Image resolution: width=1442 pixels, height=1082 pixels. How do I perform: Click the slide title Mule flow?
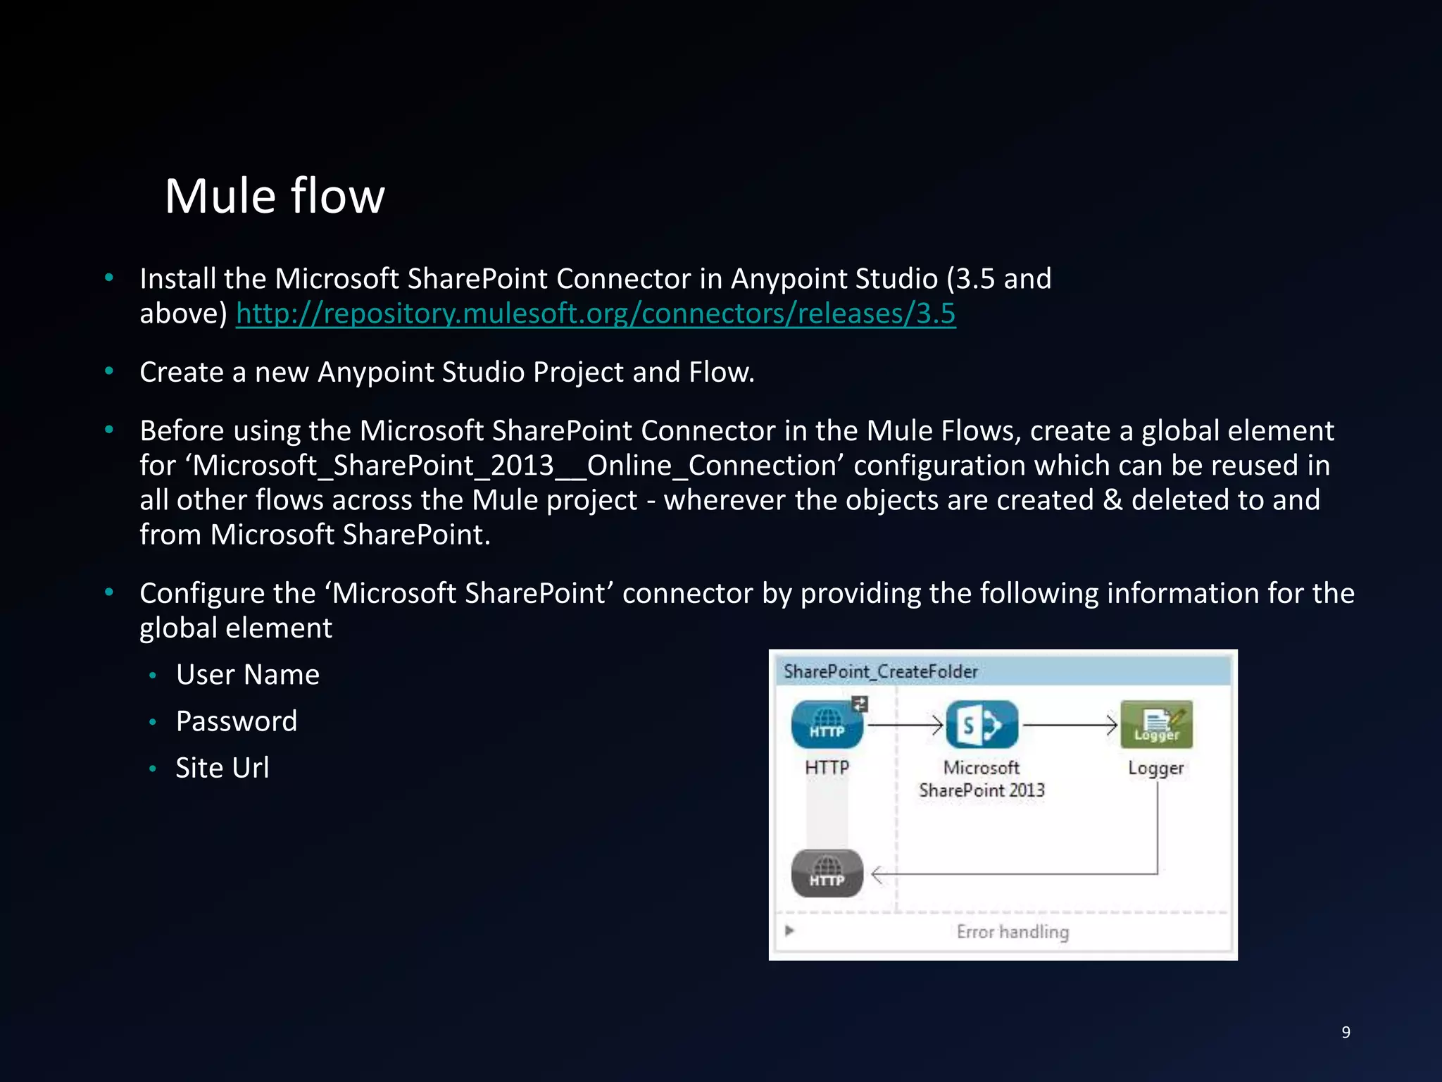pyautogui.click(x=275, y=196)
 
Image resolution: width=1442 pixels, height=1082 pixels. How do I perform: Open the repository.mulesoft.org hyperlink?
pyautogui.click(x=596, y=313)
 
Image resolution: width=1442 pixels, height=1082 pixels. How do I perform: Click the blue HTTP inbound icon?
pyautogui.click(x=827, y=725)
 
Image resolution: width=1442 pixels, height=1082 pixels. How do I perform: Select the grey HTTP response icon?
pyautogui.click(x=827, y=873)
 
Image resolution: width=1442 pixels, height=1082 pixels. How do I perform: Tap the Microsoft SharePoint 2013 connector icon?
pyautogui.click(x=982, y=725)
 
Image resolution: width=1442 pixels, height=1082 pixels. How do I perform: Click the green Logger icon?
pyautogui.click(x=1156, y=725)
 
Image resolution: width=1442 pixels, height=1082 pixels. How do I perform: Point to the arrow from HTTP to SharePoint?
pyautogui.click(x=905, y=724)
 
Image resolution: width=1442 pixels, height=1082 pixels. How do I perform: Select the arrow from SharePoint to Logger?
pyautogui.click(x=1070, y=724)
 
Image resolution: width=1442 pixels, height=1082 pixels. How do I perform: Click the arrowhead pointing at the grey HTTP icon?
pyautogui.click(x=877, y=875)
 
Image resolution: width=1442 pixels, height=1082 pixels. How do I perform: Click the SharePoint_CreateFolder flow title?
pyautogui.click(x=880, y=671)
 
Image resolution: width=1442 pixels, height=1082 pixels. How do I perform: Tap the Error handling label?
pyautogui.click(x=1012, y=932)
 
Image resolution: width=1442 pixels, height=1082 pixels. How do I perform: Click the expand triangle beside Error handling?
pyautogui.click(x=789, y=931)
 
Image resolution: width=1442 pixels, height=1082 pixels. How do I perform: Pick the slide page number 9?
pyautogui.click(x=1346, y=1032)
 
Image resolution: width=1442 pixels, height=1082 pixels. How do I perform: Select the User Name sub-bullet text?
pyautogui.click(x=248, y=675)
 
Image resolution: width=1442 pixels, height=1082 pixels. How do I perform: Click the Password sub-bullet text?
pyautogui.click(x=237, y=721)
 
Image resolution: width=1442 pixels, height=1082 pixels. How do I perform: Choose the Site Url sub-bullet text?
pyautogui.click(x=222, y=768)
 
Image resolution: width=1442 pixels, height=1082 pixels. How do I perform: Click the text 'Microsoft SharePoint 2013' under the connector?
pyautogui.click(x=982, y=779)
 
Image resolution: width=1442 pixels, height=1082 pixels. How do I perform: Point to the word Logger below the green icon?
pyautogui.click(x=1155, y=768)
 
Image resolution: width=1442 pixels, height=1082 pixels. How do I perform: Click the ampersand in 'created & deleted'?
pyautogui.click(x=1112, y=500)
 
